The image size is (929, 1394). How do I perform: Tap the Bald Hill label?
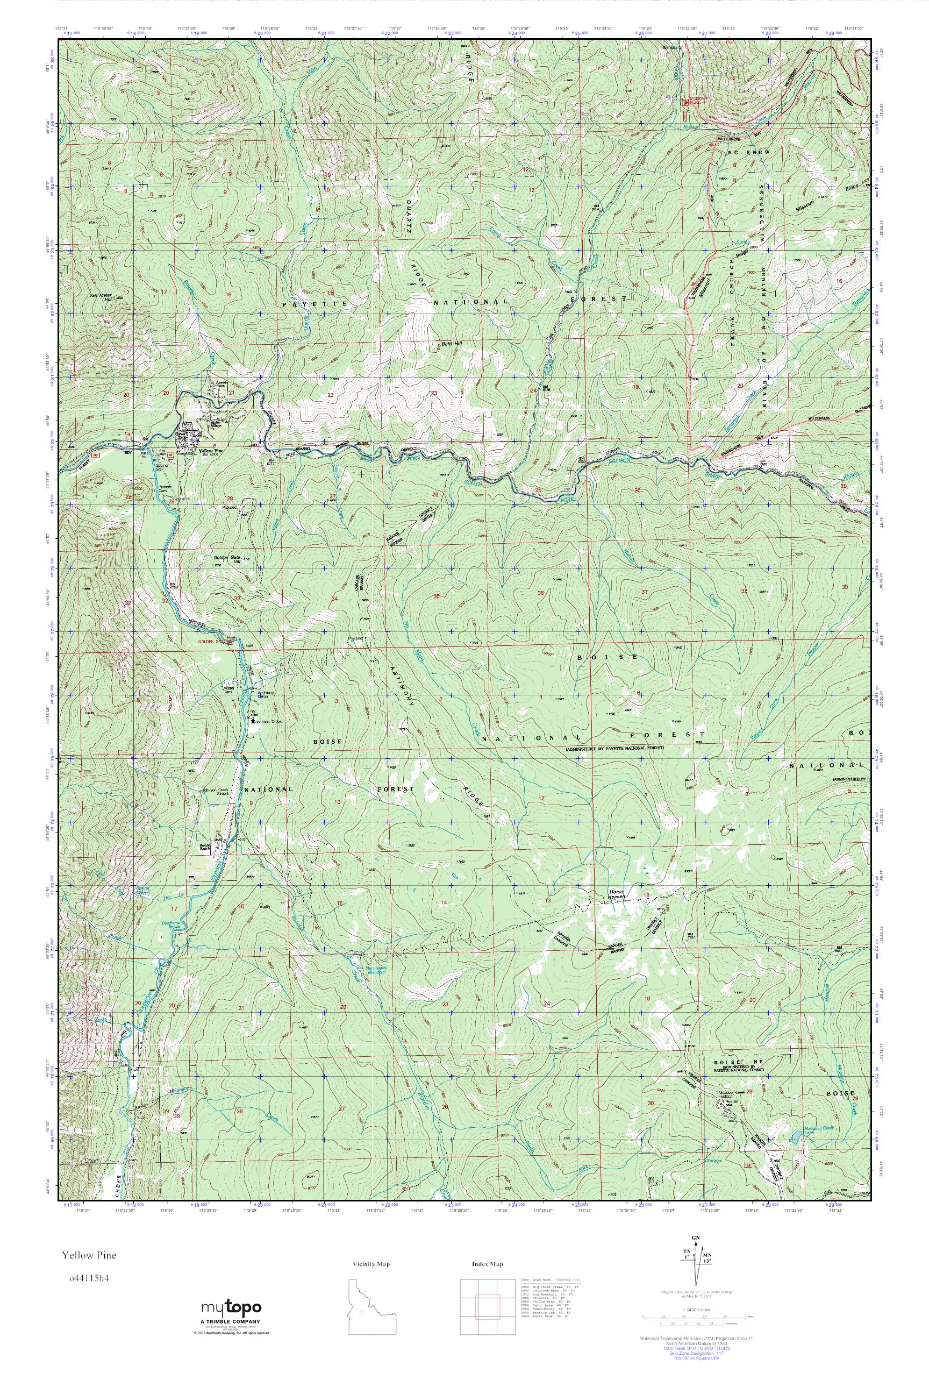click(452, 343)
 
